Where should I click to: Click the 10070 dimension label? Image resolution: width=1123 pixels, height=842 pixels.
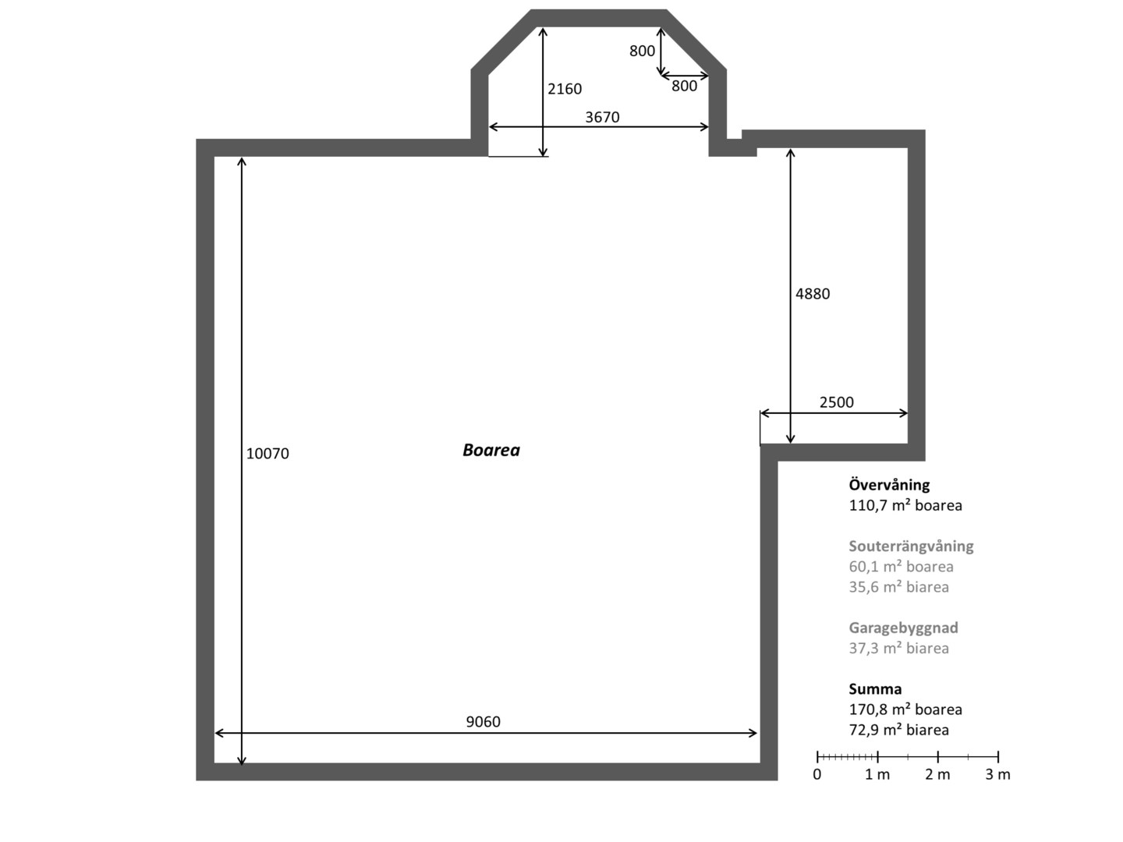(x=267, y=454)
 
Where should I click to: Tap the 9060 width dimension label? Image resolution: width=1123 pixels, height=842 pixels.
(x=483, y=721)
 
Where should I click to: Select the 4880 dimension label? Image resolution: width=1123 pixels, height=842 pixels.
(x=813, y=293)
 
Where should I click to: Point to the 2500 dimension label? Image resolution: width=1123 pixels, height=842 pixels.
(x=837, y=402)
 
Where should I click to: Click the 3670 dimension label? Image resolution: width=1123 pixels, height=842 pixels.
(x=602, y=117)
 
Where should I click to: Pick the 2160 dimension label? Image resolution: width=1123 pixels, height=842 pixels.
(x=565, y=89)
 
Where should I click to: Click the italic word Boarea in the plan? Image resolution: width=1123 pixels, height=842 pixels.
(x=491, y=450)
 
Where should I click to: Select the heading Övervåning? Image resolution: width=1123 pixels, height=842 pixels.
(x=889, y=484)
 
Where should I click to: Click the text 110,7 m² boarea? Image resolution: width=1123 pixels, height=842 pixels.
(x=905, y=505)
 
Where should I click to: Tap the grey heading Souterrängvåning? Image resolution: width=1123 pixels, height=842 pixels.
(x=911, y=546)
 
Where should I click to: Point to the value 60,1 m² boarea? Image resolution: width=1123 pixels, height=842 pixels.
(x=901, y=567)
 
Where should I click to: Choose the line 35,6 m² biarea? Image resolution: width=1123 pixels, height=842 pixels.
(x=899, y=587)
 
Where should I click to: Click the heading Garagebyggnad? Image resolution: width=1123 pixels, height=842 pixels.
(x=904, y=628)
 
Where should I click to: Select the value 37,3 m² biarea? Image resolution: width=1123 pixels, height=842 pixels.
(x=899, y=648)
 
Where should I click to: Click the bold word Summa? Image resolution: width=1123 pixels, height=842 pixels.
(x=875, y=688)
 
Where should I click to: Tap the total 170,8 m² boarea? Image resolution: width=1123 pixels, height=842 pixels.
(x=905, y=709)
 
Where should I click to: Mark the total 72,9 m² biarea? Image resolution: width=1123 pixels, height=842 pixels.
(x=899, y=730)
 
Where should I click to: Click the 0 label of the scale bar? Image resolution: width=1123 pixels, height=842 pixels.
(x=817, y=774)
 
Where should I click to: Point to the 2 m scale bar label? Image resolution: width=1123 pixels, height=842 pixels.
(x=937, y=774)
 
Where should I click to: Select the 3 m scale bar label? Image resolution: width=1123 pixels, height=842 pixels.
(x=997, y=774)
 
